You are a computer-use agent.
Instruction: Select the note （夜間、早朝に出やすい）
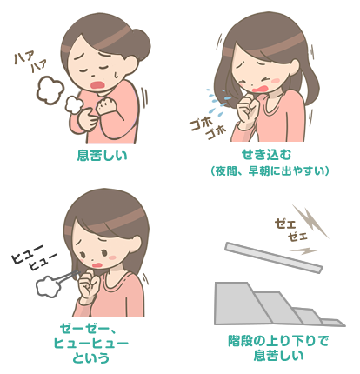[267, 171]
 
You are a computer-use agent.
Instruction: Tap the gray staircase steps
[261, 304]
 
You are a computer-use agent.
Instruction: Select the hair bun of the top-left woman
[137, 41]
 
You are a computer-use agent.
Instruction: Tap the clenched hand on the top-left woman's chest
[108, 110]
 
